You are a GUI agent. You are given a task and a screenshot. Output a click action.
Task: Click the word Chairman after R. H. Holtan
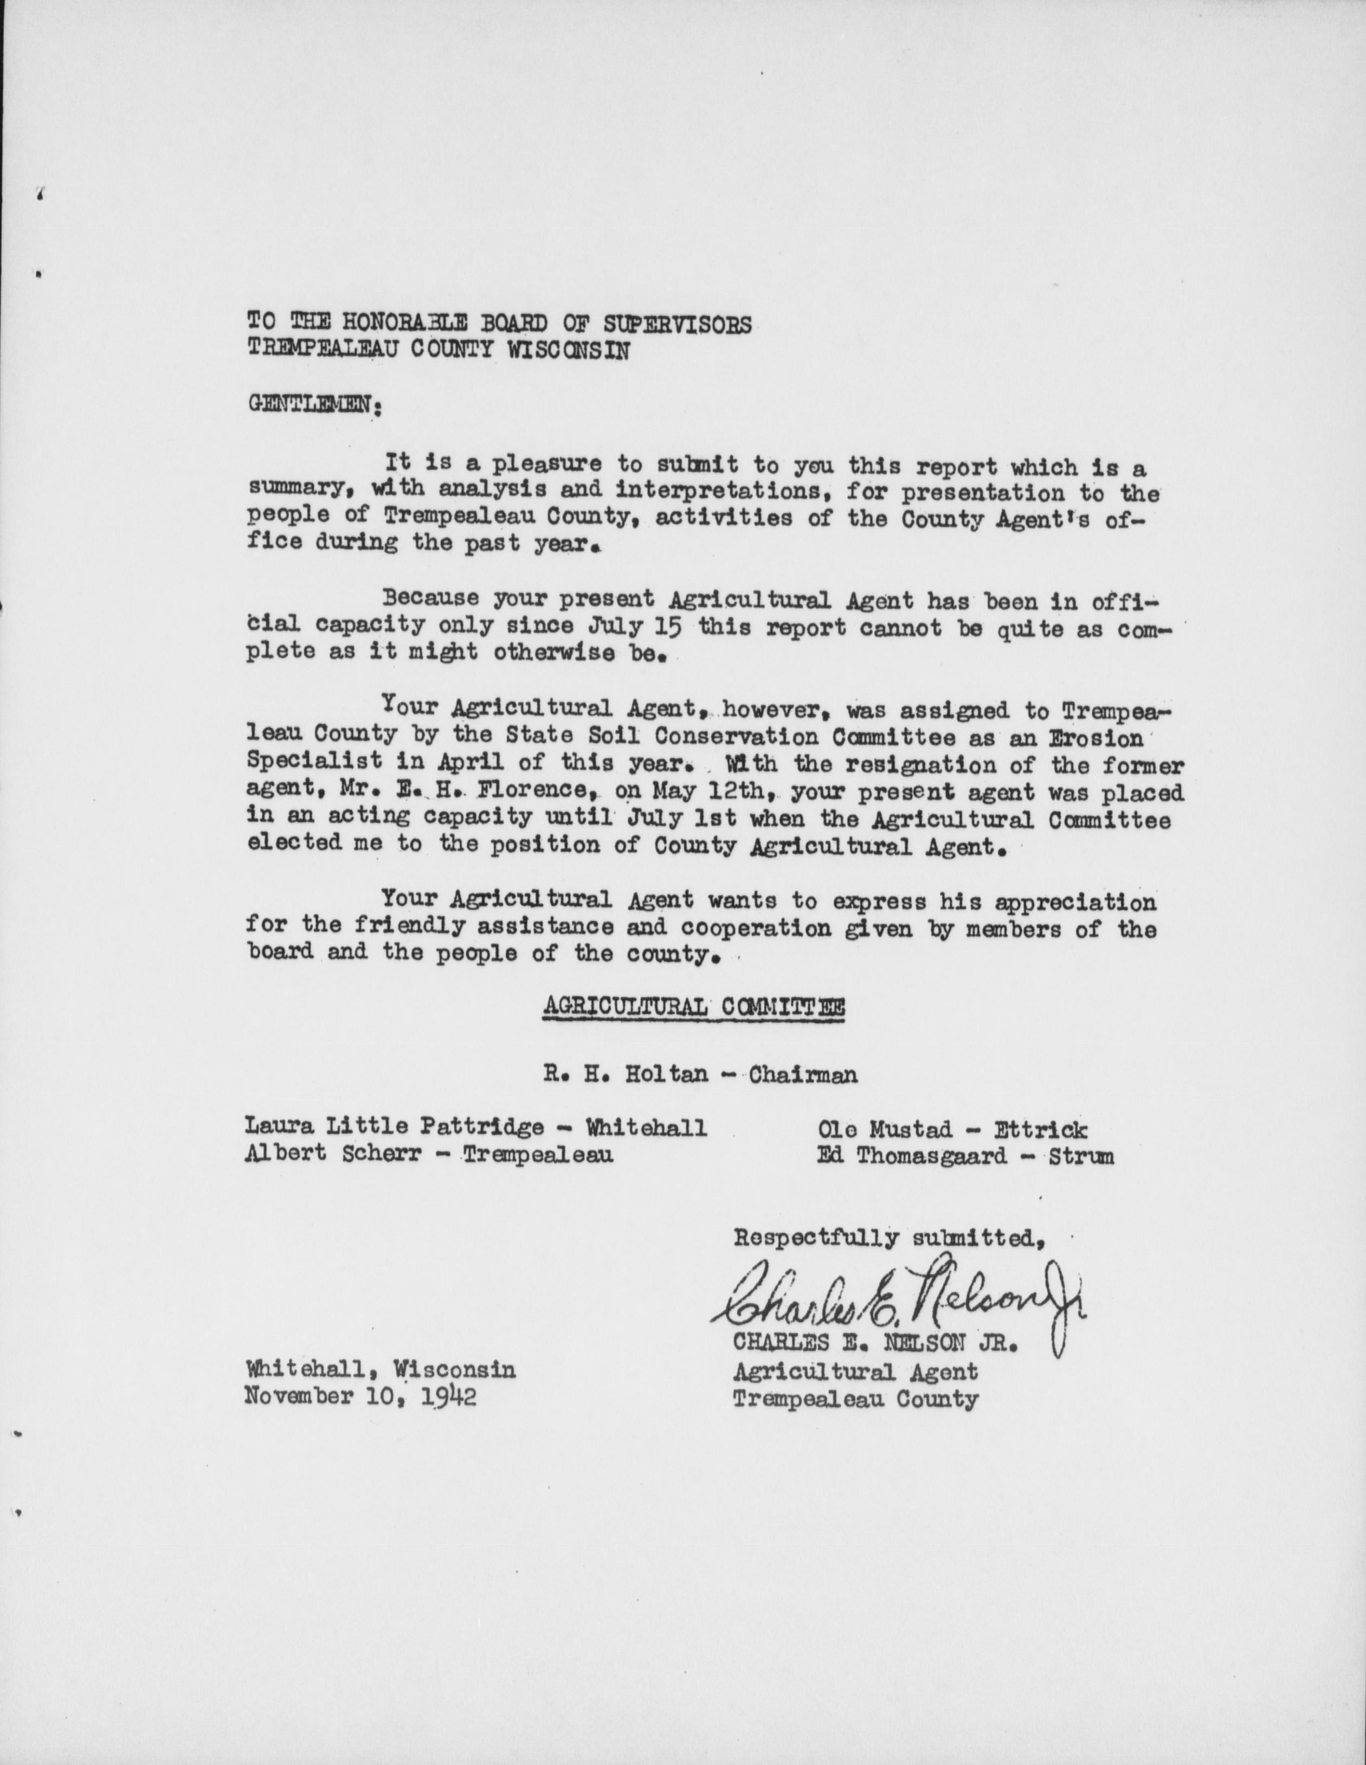click(803, 1075)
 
